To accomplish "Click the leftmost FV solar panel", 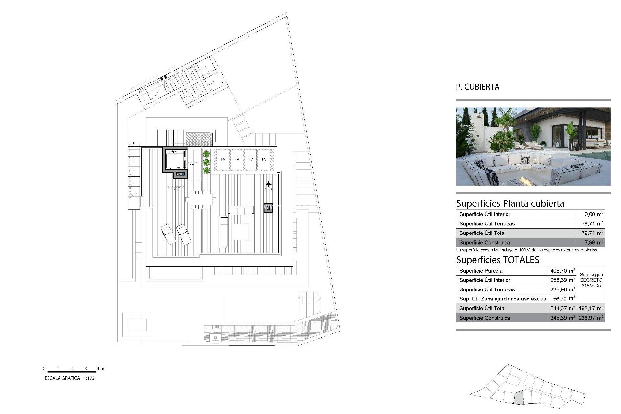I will [x=223, y=159].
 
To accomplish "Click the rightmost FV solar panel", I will [x=264, y=159].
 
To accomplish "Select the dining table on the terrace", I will [x=201, y=200].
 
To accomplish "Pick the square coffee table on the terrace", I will [x=241, y=232].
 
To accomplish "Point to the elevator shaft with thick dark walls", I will [x=174, y=159].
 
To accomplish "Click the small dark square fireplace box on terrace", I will [x=268, y=208].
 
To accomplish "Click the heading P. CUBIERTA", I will [x=477, y=87].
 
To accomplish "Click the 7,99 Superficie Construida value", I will [x=592, y=242].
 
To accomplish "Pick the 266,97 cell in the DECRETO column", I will [x=591, y=318].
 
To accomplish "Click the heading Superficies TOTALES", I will [x=497, y=260].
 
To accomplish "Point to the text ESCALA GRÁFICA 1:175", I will [x=70, y=378].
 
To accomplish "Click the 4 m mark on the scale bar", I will [x=100, y=368].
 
